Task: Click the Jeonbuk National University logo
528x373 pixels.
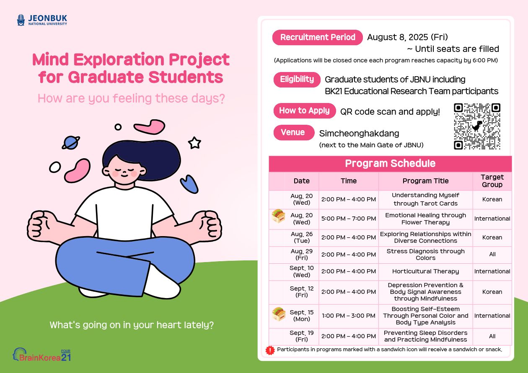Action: [x=42, y=20]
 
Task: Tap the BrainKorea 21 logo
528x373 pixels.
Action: [x=42, y=355]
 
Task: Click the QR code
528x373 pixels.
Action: [x=477, y=126]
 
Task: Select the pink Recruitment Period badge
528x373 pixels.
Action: [x=317, y=37]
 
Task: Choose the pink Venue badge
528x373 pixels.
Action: [x=294, y=132]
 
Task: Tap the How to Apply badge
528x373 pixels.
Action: [x=305, y=111]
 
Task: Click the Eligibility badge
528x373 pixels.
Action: [x=297, y=80]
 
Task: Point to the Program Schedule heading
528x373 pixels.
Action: [x=390, y=163]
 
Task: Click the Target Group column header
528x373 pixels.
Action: [x=492, y=181]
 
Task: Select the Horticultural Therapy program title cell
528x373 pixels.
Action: [x=425, y=272]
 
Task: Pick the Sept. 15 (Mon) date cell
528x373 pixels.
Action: [x=301, y=316]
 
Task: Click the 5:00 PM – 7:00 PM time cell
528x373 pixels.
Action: [x=348, y=219]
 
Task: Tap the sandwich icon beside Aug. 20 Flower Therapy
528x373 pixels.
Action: [x=278, y=216]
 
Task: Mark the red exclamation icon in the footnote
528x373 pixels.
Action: [x=270, y=350]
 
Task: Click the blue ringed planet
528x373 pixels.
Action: [x=71, y=143]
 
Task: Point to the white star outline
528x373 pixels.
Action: [x=194, y=143]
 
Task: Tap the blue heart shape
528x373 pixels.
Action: [x=189, y=184]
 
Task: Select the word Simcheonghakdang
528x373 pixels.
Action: [x=359, y=134]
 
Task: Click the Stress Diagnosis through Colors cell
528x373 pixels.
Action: [x=425, y=255]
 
